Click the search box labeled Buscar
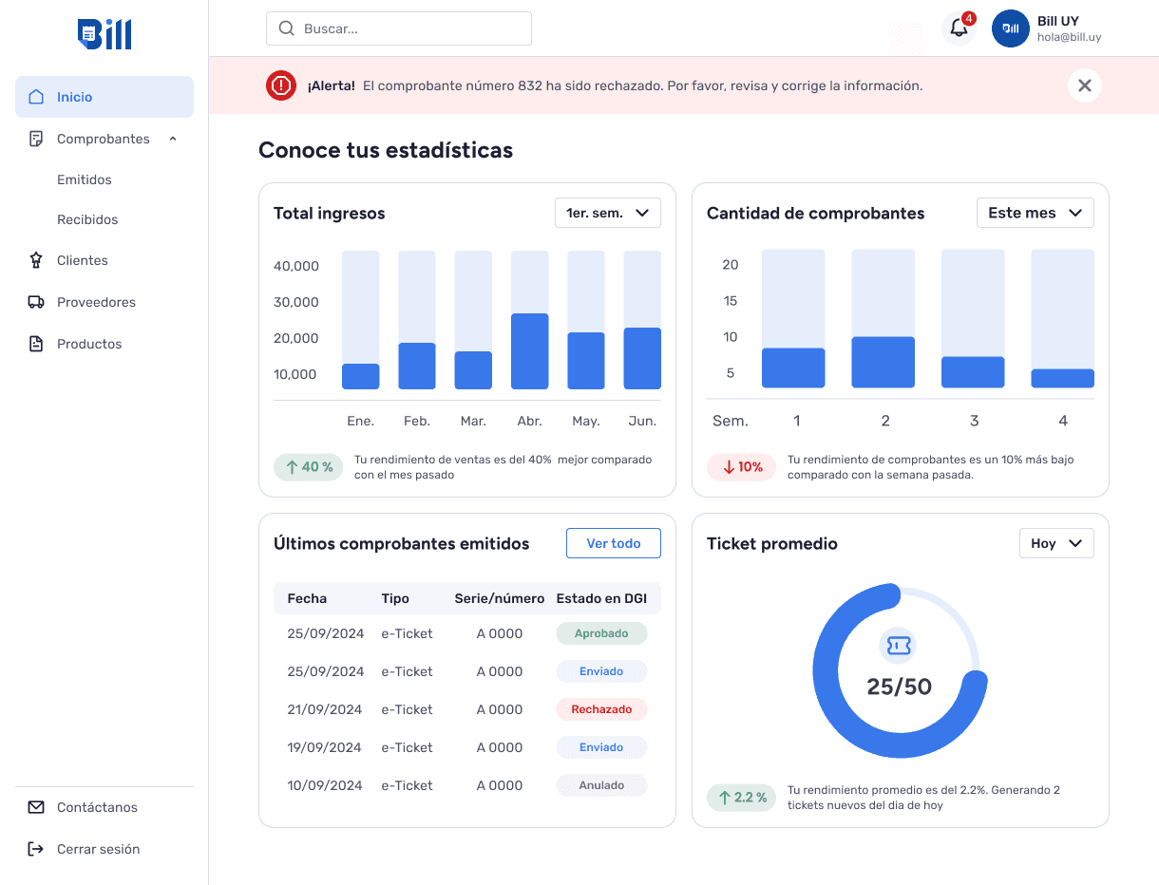coord(399,28)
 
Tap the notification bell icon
coord(959,28)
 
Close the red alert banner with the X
coord(1085,85)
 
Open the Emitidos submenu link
coord(85,179)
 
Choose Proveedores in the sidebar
coord(96,302)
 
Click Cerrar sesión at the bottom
coord(98,849)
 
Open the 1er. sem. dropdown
coord(608,213)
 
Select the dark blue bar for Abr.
coord(529,351)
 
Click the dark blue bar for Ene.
coord(361,376)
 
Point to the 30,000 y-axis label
coord(296,302)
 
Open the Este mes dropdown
coord(1035,213)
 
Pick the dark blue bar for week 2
coord(883,362)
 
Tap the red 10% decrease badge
coord(741,467)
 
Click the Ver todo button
coord(614,543)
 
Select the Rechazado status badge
coord(601,709)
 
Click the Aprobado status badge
coord(601,633)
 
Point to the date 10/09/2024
coord(325,785)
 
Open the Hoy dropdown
coord(1056,543)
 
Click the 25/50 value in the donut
coord(900,687)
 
